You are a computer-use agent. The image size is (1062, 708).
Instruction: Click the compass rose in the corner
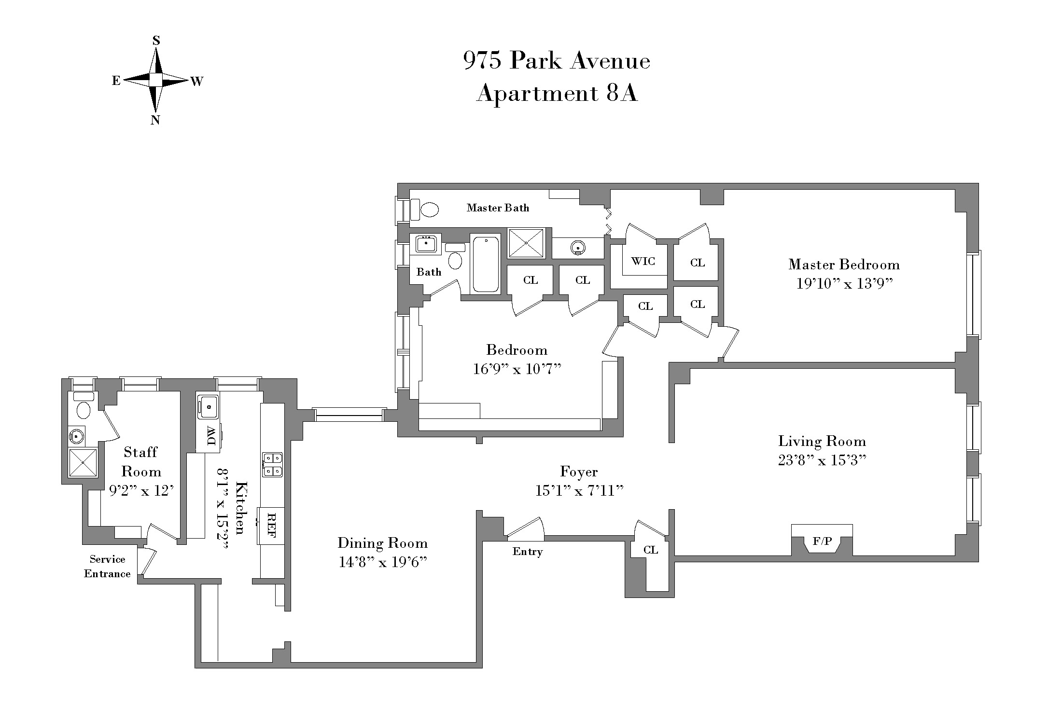pos(155,80)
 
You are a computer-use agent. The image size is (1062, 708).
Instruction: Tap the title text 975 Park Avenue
pos(557,61)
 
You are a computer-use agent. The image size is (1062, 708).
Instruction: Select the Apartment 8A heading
pos(557,93)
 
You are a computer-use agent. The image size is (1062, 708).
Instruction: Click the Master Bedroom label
pos(844,264)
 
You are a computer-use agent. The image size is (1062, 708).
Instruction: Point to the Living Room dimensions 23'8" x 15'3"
pos(822,460)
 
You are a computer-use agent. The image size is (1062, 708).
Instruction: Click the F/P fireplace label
pos(822,541)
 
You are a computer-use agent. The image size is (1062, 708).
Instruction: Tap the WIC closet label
pos(643,261)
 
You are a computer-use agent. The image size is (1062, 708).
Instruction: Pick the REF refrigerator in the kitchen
pos(271,526)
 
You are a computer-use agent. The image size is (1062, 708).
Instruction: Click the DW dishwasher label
pos(210,437)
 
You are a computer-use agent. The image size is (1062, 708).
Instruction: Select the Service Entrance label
pos(107,567)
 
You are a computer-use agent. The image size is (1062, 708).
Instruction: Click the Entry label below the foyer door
pos(527,552)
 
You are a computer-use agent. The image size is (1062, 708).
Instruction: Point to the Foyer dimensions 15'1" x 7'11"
pos(579,491)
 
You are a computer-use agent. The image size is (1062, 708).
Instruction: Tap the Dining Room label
pos(382,543)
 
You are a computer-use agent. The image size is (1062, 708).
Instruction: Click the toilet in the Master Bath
pos(429,209)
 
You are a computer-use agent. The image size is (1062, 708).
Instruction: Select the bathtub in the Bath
pos(486,264)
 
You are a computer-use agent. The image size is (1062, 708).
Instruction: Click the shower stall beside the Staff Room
pos(83,462)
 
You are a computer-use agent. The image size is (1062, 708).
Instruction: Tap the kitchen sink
pos(209,407)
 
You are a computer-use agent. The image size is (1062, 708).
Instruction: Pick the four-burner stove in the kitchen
pos(272,464)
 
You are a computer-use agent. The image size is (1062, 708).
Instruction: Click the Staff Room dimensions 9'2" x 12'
pos(141,491)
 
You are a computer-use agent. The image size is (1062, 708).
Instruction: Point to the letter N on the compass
pos(155,120)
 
